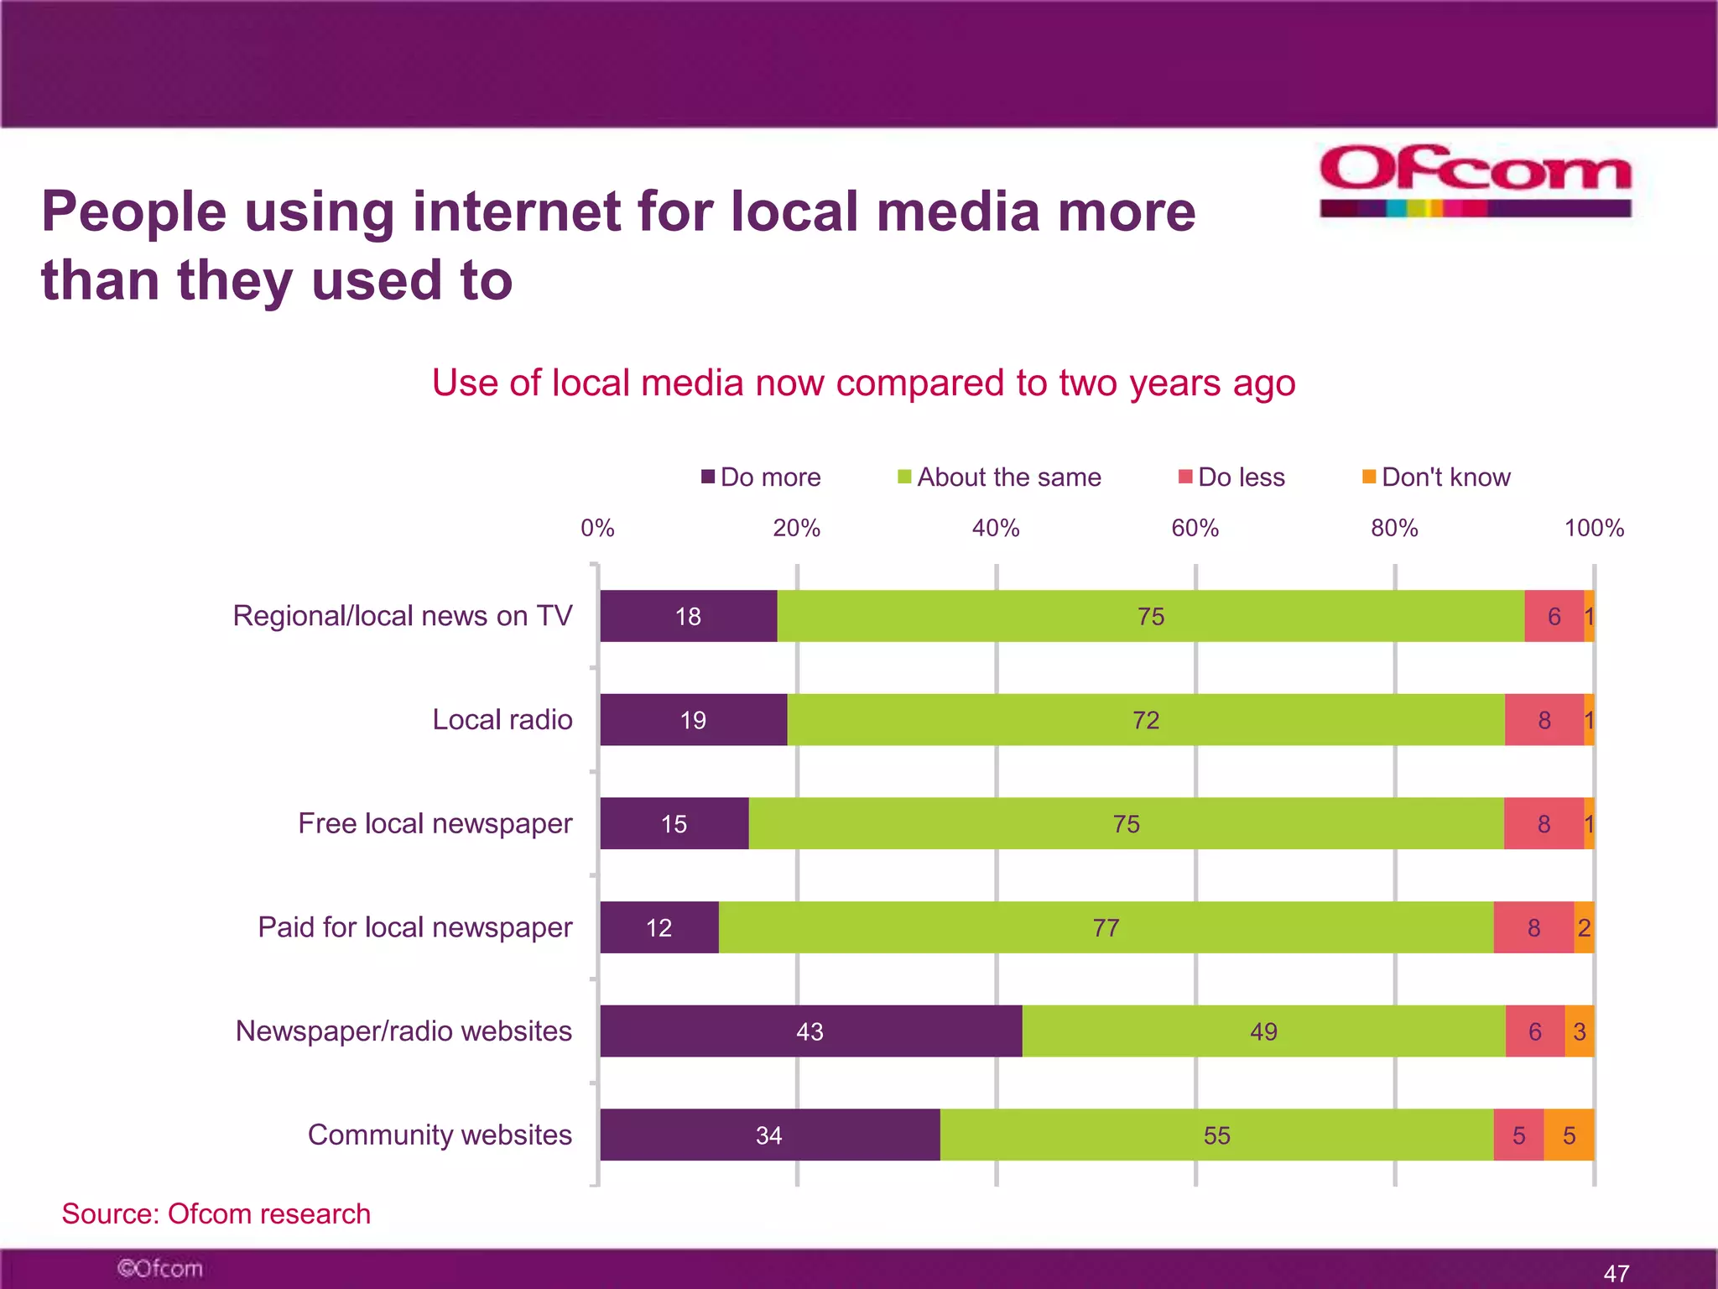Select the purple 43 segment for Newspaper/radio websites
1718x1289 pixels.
click(x=810, y=1031)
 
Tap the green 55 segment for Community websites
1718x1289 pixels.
click(x=1216, y=1135)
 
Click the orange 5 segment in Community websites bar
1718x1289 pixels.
click(x=1569, y=1135)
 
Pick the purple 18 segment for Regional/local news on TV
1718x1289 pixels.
click(x=688, y=617)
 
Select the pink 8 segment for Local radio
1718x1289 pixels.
click(x=1544, y=720)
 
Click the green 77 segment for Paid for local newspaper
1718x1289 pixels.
click(x=1106, y=927)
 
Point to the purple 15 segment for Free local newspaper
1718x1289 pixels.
click(x=674, y=824)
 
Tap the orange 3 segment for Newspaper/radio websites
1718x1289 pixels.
click(x=1579, y=1031)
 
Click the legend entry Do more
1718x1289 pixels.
click(x=762, y=478)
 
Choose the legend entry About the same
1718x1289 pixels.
click(x=1000, y=478)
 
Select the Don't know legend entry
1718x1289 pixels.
click(x=1437, y=478)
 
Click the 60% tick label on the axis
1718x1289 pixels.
click(x=1195, y=528)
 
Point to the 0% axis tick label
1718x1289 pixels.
click(x=597, y=528)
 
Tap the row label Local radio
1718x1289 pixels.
click(x=502, y=720)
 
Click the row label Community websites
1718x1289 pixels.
click(x=440, y=1135)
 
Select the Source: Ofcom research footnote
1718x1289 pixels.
click(x=216, y=1213)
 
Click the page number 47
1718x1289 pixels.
click(x=1616, y=1273)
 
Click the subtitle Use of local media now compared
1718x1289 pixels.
click(x=863, y=383)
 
